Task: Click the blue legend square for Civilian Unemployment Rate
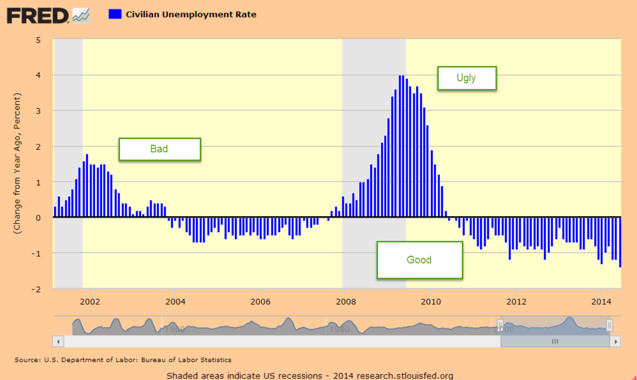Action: pyautogui.click(x=115, y=14)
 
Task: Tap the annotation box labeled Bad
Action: pyautogui.click(x=159, y=149)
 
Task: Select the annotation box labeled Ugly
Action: pyautogui.click(x=466, y=78)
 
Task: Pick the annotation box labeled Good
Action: pyautogui.click(x=419, y=260)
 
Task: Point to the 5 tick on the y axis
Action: pyautogui.click(x=38, y=40)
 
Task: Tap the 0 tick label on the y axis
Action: pyautogui.click(x=38, y=217)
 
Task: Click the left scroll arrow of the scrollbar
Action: pyautogui.click(x=58, y=341)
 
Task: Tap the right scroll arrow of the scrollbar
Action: pyautogui.click(x=616, y=341)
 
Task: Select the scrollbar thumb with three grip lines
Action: pyautogui.click(x=555, y=341)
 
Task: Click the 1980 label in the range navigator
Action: pyautogui.click(x=339, y=329)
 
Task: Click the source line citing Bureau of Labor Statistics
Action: pyautogui.click(x=123, y=360)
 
